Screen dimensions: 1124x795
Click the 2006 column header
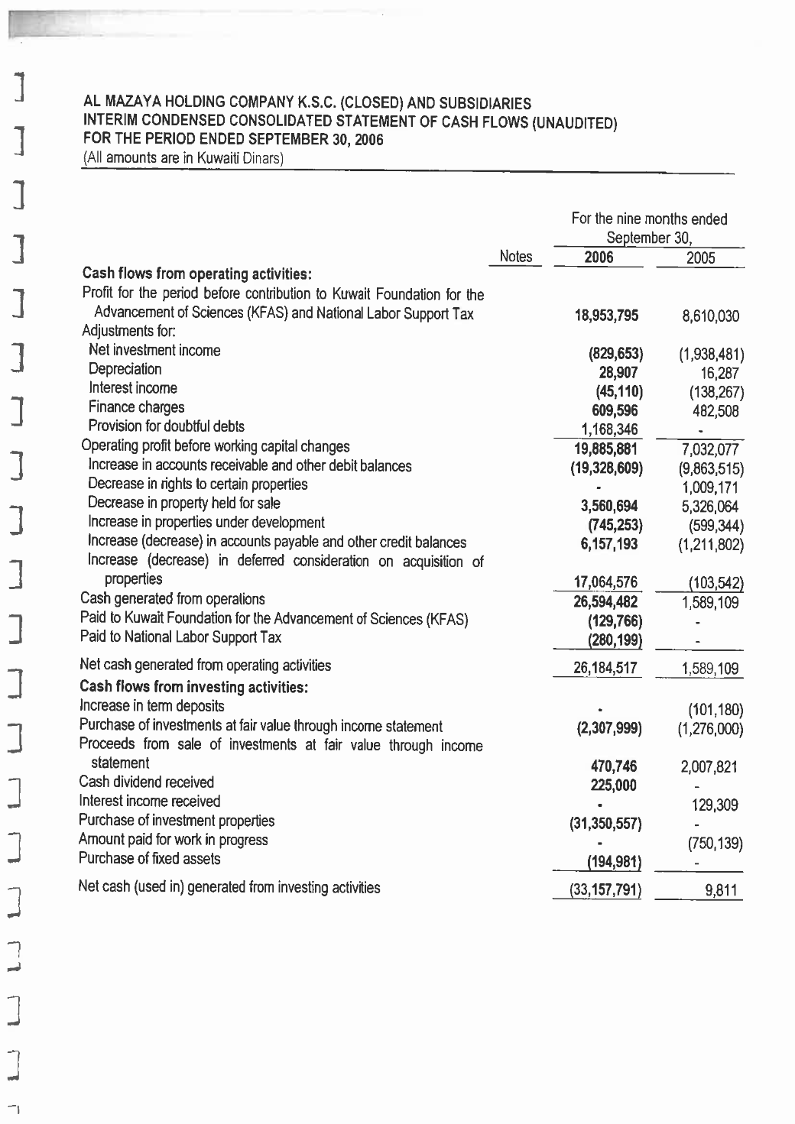(x=599, y=258)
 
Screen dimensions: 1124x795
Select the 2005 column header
(x=700, y=258)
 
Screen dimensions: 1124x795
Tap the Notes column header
(x=515, y=257)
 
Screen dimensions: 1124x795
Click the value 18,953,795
(x=606, y=316)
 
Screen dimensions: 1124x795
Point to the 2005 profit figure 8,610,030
(x=710, y=316)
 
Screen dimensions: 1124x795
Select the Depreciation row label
(x=125, y=369)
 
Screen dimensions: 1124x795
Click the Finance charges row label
(x=136, y=407)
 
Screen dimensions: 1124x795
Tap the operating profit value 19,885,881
(x=605, y=449)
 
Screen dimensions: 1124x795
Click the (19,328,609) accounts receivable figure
(x=606, y=468)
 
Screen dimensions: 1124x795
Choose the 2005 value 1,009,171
(x=710, y=487)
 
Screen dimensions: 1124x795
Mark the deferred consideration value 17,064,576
(x=605, y=583)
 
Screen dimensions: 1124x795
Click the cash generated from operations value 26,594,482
(x=605, y=602)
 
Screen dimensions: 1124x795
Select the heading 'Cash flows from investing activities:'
(x=193, y=687)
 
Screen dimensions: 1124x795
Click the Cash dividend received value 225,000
(x=614, y=786)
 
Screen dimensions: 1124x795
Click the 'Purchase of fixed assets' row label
(x=149, y=859)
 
